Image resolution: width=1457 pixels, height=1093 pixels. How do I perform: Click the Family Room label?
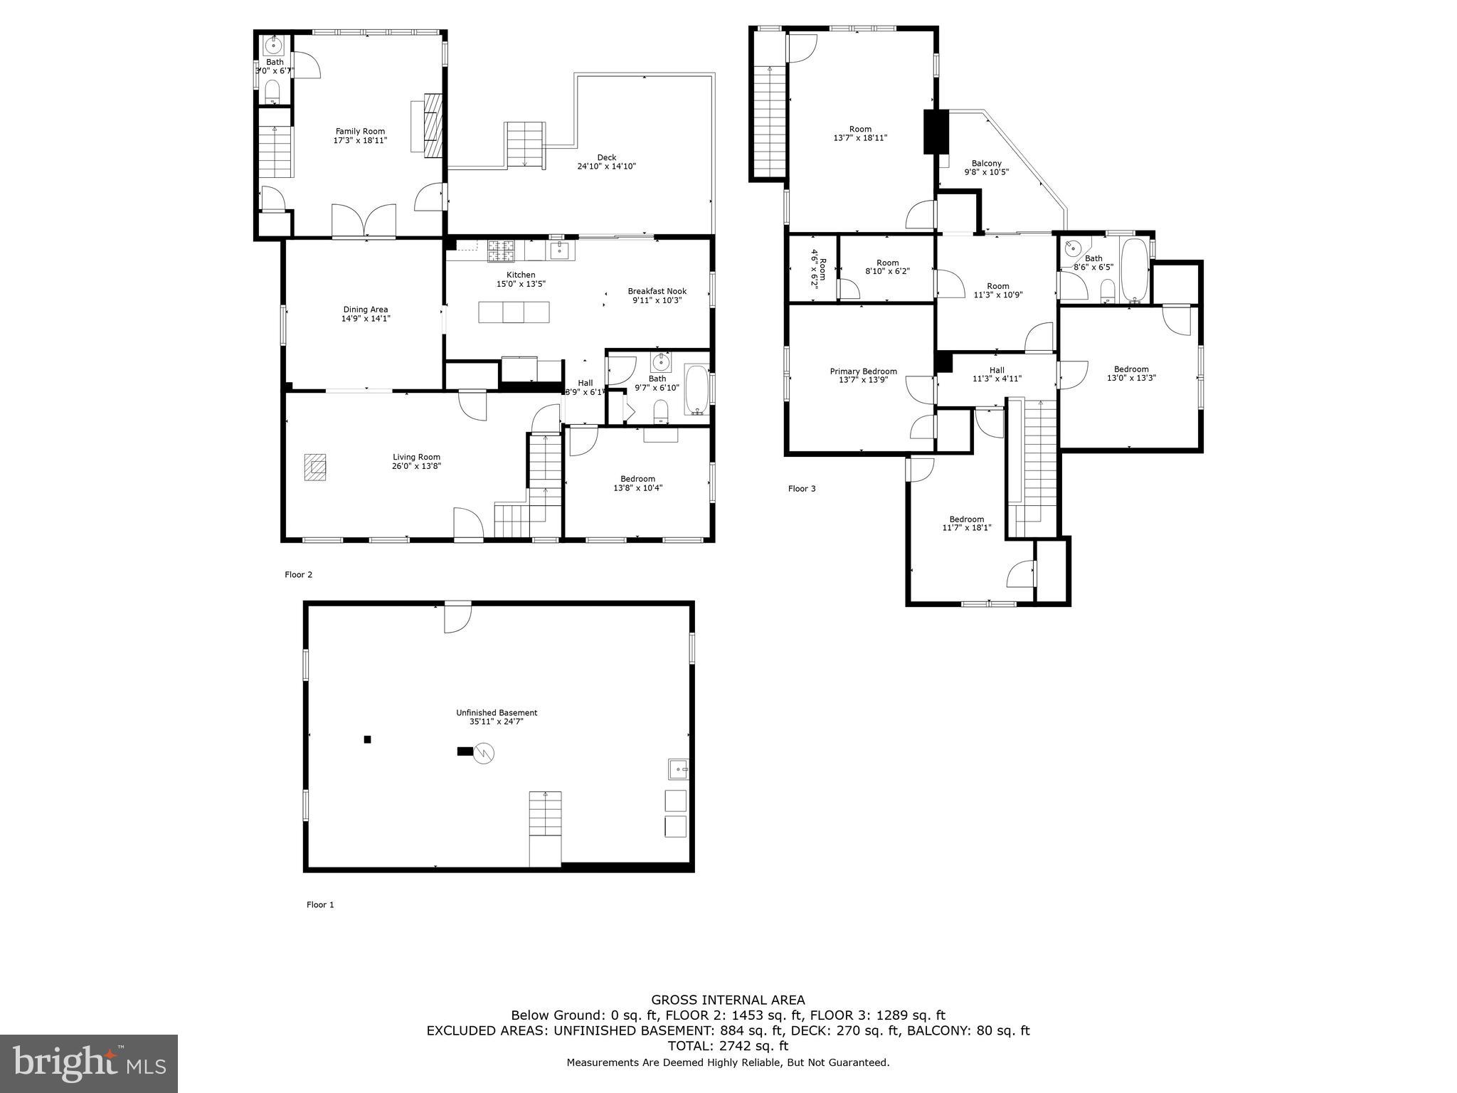[x=360, y=132]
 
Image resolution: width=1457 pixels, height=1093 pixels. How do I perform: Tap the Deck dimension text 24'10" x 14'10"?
[x=606, y=167]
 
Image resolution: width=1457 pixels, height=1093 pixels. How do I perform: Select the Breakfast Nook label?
[x=657, y=291]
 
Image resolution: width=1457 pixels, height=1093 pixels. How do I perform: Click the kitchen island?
[x=514, y=312]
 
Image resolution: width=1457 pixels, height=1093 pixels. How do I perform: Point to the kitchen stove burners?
[x=500, y=250]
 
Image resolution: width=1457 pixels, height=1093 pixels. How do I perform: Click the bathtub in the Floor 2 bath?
[x=696, y=390]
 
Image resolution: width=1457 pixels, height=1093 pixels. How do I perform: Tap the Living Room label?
[x=416, y=458]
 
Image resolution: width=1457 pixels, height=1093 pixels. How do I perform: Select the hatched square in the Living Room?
[x=316, y=467]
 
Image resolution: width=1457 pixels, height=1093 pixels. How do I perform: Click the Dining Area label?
[x=366, y=310]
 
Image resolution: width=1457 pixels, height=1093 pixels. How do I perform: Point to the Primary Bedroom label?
[x=863, y=371]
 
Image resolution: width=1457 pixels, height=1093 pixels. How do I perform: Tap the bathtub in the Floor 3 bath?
[x=1134, y=270]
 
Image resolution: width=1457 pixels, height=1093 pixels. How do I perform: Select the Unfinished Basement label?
[x=497, y=712]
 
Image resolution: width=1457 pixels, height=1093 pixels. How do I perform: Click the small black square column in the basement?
[x=368, y=739]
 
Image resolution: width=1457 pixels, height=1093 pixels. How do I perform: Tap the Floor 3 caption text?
[x=802, y=489]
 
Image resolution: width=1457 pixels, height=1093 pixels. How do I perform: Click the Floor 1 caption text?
[x=320, y=904]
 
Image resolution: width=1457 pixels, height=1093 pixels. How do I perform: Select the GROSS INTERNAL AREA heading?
[x=728, y=1000]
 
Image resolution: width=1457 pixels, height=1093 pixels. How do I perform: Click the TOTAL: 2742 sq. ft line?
[x=728, y=1045]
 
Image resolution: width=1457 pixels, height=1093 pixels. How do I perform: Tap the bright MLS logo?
[x=89, y=1064]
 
